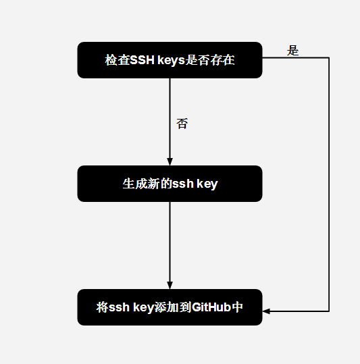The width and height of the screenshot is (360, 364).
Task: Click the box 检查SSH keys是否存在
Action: (170, 60)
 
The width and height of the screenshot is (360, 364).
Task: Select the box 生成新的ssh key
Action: (170, 184)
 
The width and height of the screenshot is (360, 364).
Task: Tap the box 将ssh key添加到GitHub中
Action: (170, 307)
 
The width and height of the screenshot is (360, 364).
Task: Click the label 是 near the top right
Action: (292, 51)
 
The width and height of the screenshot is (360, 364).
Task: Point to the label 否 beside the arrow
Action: (182, 124)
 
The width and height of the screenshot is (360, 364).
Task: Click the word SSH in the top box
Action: (143, 60)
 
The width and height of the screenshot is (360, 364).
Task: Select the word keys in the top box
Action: (171, 60)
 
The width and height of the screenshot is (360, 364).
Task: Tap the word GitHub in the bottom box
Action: (211, 307)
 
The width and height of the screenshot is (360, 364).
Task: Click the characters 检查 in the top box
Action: (118, 60)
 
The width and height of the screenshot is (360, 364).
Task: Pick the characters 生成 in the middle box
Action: (135, 184)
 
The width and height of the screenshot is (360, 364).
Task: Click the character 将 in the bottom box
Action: (102, 307)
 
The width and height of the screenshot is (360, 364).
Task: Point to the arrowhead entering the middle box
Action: (170, 162)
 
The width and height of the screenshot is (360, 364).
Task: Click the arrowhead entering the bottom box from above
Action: (170, 285)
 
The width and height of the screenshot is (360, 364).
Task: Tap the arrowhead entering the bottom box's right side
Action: (266, 311)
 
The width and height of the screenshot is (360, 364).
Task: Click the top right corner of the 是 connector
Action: (329, 57)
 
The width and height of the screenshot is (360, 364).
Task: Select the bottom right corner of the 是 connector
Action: (329, 311)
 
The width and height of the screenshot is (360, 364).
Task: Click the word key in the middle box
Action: (207, 184)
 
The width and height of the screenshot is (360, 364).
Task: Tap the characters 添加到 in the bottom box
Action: (173, 307)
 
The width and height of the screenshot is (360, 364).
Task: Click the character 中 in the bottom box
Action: (237, 307)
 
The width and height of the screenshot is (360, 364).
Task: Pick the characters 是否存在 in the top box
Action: (210, 60)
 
